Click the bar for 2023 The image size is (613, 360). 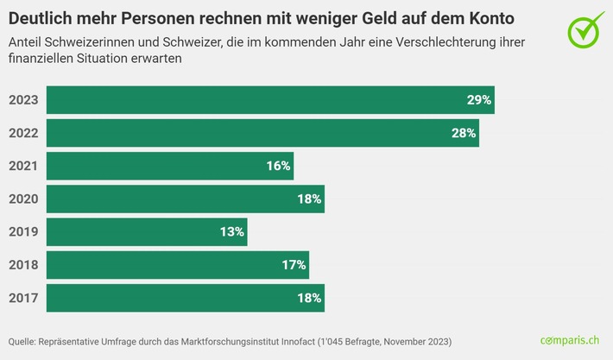270,100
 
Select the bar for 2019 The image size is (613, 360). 147,232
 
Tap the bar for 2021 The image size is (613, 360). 170,166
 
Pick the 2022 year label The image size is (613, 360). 23,134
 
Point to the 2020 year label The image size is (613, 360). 23,199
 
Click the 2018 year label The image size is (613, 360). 23,265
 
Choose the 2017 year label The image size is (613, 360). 23,298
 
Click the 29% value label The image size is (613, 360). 479,100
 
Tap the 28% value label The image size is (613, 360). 464,134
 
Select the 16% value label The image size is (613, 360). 278,166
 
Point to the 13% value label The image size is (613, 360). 232,232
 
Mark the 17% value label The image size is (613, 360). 294,265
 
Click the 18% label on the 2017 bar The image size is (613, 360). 309,298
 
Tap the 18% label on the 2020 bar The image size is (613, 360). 309,199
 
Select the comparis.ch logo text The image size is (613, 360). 570,341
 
